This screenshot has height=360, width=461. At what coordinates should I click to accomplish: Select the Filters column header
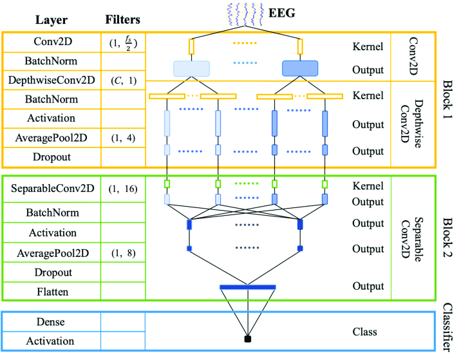point(122,19)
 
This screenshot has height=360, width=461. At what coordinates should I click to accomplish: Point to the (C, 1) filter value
point(122,81)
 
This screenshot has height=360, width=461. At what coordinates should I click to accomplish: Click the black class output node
point(247,338)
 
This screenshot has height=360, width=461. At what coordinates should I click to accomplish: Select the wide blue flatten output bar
point(247,287)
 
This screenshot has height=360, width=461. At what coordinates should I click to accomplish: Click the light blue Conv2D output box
point(191,68)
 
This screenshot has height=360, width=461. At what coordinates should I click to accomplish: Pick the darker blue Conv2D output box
point(300,68)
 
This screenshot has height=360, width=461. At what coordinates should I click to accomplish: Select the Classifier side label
point(447,330)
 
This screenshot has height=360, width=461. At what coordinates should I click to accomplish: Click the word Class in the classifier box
point(364,332)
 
